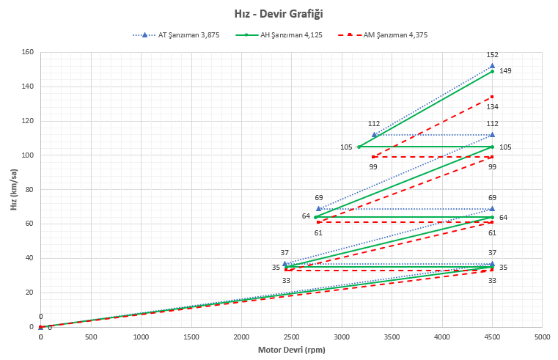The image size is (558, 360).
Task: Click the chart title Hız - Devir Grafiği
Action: pyautogui.click(x=279, y=13)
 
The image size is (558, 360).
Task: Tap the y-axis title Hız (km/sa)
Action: pyautogui.click(x=13, y=189)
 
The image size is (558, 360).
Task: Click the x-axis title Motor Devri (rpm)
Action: pyautogui.click(x=291, y=350)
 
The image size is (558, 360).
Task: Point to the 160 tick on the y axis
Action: pyautogui.click(x=29, y=53)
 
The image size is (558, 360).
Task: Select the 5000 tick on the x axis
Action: pyautogui.click(x=542, y=337)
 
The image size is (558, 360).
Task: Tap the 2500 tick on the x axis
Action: pyautogui.click(x=291, y=337)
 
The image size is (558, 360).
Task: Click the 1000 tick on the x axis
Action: pyautogui.click(x=141, y=337)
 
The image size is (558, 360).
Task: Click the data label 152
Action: pyautogui.click(x=493, y=55)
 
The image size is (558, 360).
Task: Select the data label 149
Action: pyautogui.click(x=505, y=71)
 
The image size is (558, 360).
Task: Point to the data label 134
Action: pyautogui.click(x=493, y=107)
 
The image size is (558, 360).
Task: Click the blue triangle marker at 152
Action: pyautogui.click(x=492, y=66)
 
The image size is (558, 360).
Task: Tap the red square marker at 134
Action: pyautogui.click(x=492, y=97)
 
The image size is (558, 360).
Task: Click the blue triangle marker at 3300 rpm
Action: pyautogui.click(x=374, y=134)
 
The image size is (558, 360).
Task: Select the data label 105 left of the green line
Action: pyautogui.click(x=346, y=147)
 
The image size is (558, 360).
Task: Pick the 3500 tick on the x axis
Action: pyautogui.click(x=392, y=337)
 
